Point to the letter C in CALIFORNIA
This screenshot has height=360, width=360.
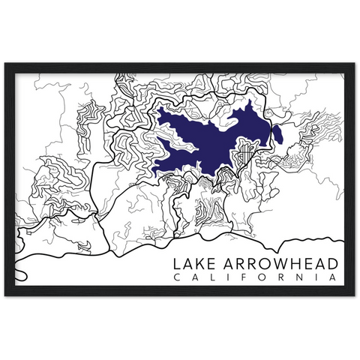click(x=176, y=279)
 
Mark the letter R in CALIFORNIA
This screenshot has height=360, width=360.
click(x=277, y=279)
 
